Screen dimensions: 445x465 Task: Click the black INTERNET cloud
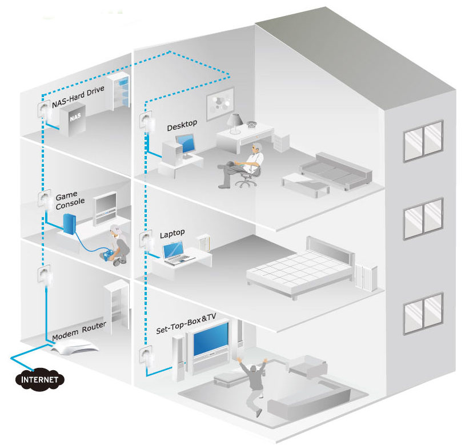[x=39, y=379]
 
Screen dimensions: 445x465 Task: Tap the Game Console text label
[x=70, y=199]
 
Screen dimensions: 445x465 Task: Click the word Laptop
[x=172, y=234]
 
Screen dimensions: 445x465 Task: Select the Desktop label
[x=182, y=124]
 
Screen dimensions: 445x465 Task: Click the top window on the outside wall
[x=423, y=140]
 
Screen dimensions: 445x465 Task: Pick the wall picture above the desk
[x=220, y=105]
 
